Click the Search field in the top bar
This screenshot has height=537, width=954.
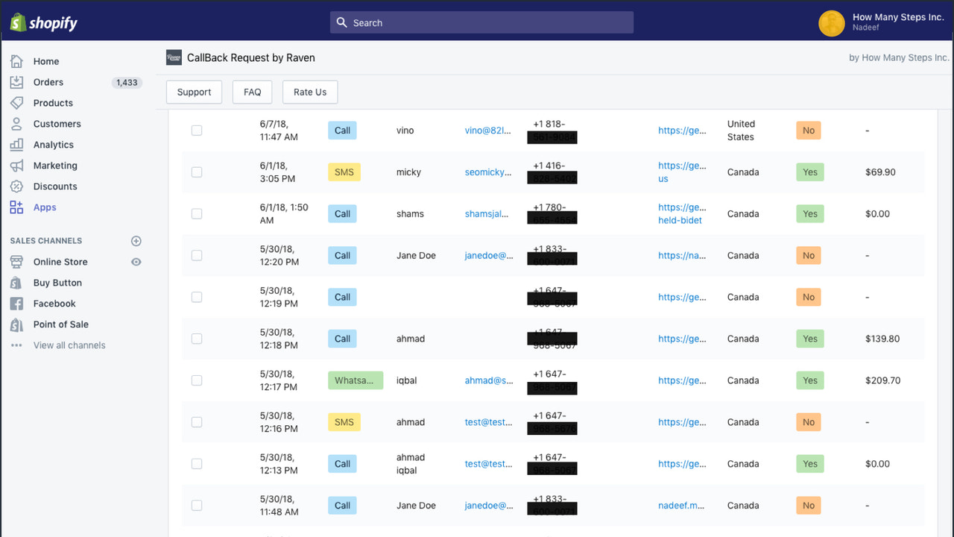pyautogui.click(x=481, y=22)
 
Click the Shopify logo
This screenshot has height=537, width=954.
pyautogui.click(x=44, y=22)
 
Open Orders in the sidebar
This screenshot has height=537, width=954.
pyautogui.click(x=48, y=82)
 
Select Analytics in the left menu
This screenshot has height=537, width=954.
pyautogui.click(x=53, y=145)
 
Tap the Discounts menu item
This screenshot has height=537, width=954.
pyautogui.click(x=54, y=186)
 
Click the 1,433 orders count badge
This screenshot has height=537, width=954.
pyautogui.click(x=127, y=83)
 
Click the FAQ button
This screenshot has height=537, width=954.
pyautogui.click(x=252, y=92)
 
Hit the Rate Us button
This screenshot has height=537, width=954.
pyautogui.click(x=309, y=92)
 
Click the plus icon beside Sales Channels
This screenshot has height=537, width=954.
pyautogui.click(x=136, y=241)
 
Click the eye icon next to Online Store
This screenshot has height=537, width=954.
pyautogui.click(x=136, y=262)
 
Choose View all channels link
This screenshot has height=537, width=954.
pyautogui.click(x=69, y=345)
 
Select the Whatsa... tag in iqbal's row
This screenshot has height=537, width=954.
pyautogui.click(x=355, y=380)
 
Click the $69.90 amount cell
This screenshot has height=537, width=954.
pyautogui.click(x=880, y=172)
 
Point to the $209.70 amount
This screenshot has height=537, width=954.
pyautogui.click(x=882, y=380)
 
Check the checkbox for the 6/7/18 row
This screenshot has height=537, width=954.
pyautogui.click(x=197, y=131)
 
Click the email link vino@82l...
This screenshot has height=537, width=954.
pyautogui.click(x=488, y=131)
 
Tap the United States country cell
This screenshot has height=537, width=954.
pyautogui.click(x=741, y=131)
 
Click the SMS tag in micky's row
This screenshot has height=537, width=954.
pyautogui.click(x=344, y=172)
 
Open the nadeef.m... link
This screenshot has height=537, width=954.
pyautogui.click(x=681, y=506)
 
